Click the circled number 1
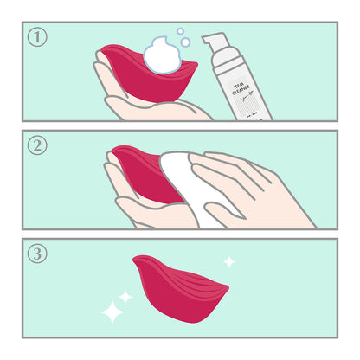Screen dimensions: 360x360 36,37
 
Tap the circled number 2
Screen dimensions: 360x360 36,145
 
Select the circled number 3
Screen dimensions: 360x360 36,254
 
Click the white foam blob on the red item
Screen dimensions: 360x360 161,57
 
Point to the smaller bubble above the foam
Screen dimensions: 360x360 180,31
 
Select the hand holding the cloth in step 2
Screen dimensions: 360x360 251,190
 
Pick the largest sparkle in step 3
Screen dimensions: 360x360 112,312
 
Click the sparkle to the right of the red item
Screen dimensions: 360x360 229,260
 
